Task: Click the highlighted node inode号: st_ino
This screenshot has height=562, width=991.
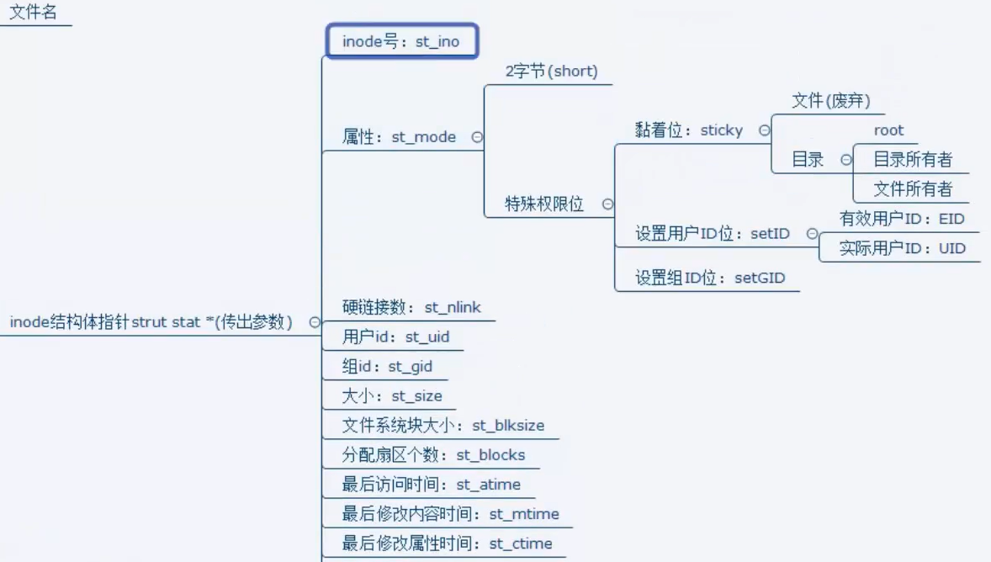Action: [401, 41]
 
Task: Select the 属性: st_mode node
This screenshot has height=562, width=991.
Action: [399, 137]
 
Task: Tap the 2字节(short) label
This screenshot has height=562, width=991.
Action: [551, 72]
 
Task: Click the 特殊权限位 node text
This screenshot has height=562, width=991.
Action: [543, 204]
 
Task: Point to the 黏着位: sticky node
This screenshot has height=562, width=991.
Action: [689, 130]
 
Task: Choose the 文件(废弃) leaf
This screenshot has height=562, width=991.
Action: [831, 101]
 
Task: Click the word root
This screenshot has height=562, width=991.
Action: [888, 130]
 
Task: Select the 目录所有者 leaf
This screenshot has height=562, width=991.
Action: [913, 160]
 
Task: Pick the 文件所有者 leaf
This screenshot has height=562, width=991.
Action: [913, 189]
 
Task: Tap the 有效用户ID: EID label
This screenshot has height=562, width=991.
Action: [902, 219]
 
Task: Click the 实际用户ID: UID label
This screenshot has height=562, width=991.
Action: [902, 248]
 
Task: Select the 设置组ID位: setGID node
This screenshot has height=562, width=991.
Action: [709, 278]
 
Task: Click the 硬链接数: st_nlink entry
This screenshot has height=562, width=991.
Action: [411, 307]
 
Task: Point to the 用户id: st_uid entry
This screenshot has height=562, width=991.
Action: [395, 337]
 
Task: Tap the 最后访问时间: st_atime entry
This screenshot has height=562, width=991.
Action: [431, 485]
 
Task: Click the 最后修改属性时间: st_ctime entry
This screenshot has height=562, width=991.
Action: [447, 543]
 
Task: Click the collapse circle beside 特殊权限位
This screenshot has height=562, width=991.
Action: [607, 204]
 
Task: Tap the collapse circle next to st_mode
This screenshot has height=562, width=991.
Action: [477, 137]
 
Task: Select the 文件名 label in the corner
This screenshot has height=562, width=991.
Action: [33, 13]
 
